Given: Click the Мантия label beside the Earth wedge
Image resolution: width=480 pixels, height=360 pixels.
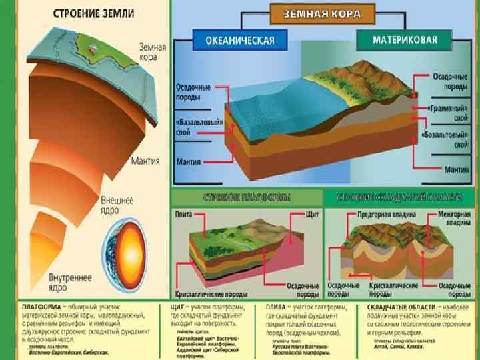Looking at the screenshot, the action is click(x=144, y=161).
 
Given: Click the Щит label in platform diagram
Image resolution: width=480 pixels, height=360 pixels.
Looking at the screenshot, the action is click(x=311, y=215).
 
